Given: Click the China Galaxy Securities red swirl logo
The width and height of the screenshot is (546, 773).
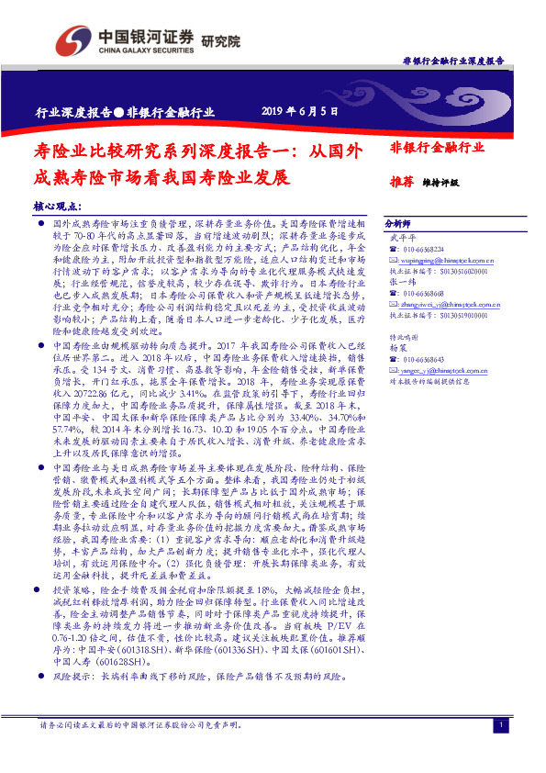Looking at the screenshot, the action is (x=72, y=39).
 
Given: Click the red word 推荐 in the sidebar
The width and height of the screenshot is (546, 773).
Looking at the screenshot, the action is (x=401, y=182).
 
